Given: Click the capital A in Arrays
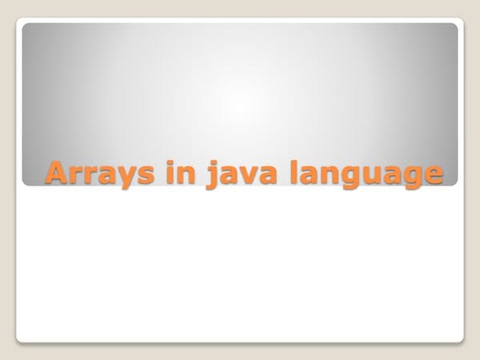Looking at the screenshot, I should pos(57,172).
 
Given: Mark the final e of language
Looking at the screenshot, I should pos(433,174).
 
